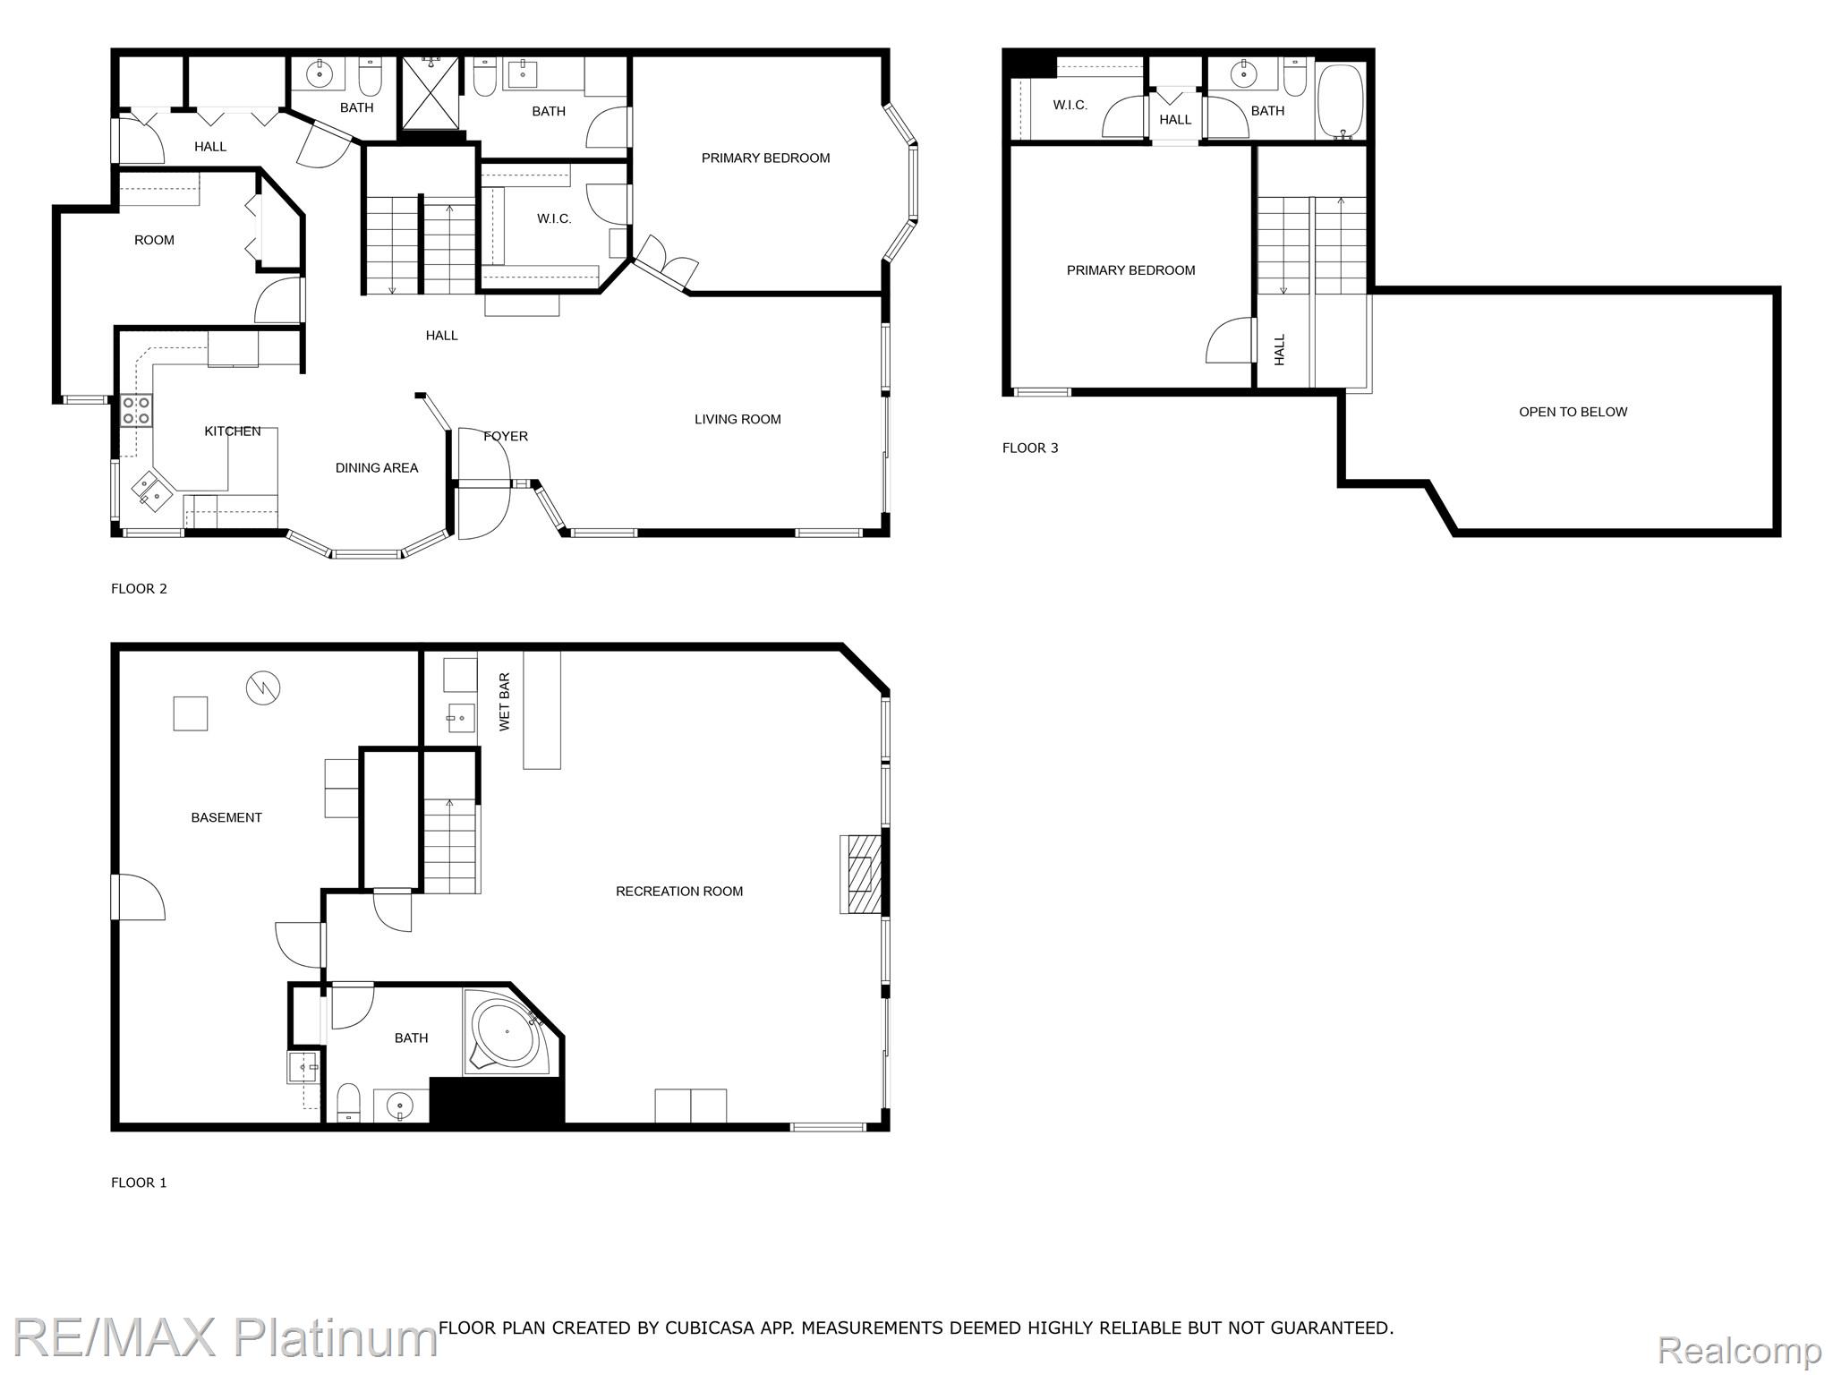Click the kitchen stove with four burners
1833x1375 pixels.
click(137, 411)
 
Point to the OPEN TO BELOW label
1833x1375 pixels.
click(1573, 412)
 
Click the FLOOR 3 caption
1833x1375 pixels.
click(1029, 448)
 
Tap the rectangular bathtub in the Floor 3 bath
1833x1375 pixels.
click(1340, 100)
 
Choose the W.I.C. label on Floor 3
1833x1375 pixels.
click(1070, 105)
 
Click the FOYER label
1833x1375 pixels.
click(506, 436)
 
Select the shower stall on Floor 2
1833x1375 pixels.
click(431, 93)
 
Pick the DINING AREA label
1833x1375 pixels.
click(376, 467)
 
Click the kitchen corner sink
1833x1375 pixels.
click(150, 491)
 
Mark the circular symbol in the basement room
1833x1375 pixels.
click(263, 687)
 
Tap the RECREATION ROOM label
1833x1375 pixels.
click(678, 891)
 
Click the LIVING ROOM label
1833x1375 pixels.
click(737, 419)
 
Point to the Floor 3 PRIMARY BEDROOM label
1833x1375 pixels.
click(1130, 270)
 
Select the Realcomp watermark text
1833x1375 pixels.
click(1739, 1349)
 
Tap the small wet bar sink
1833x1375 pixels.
click(460, 717)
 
